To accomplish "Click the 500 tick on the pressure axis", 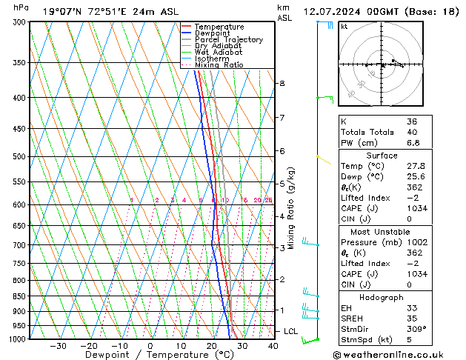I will [20, 156].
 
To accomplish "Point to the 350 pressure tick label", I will [20, 62].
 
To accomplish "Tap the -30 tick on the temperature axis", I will [58, 345].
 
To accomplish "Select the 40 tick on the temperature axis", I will [273, 345].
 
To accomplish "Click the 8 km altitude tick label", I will [282, 84].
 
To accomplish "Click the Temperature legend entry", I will [219, 27].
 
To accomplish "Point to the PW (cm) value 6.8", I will [413, 142].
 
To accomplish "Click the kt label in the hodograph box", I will [344, 26].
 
